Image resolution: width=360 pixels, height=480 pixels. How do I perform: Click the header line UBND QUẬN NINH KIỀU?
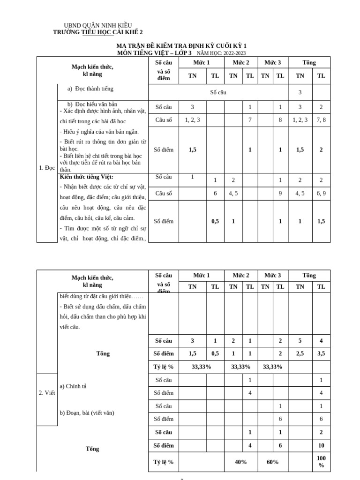[97, 25]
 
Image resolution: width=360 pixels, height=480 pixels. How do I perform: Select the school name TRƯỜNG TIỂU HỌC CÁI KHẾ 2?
[98, 32]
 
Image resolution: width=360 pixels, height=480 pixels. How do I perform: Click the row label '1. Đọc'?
[47, 167]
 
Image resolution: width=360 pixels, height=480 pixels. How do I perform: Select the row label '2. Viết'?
[47, 393]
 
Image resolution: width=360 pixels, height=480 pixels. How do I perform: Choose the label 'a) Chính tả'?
[74, 386]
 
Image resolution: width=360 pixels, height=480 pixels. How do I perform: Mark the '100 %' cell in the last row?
[321, 462]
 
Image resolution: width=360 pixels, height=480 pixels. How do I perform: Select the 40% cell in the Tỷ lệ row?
[240, 462]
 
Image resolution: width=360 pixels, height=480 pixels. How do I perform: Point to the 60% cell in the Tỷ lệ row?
[272, 462]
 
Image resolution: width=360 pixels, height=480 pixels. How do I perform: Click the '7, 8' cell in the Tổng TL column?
[321, 120]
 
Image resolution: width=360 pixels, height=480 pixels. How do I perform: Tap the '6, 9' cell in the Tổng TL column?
[321, 193]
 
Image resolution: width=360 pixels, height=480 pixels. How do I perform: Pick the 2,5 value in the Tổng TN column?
[300, 354]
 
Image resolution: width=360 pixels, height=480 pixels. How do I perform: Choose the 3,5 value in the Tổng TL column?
[321, 354]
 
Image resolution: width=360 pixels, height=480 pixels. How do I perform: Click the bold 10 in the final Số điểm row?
[321, 445]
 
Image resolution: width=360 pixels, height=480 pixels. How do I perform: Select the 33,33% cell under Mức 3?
[272, 367]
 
